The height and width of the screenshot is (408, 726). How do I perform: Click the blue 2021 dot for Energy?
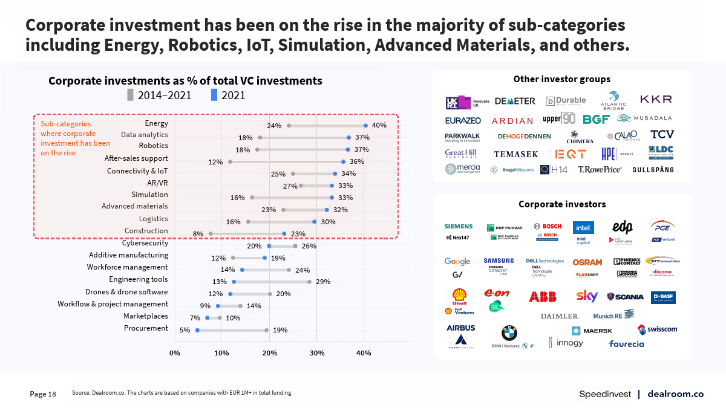pos(365,126)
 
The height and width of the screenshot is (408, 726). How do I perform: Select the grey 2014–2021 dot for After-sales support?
pos(231,162)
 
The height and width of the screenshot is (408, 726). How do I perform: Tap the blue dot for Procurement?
pos(197,331)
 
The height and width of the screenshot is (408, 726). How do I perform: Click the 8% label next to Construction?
pos(198,234)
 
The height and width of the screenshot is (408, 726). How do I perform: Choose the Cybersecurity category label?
pos(145,243)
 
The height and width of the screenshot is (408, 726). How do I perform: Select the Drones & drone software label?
pos(126,292)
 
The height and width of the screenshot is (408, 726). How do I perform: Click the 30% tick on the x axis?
pos(316,353)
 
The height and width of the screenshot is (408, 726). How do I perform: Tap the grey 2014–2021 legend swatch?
pos(130,95)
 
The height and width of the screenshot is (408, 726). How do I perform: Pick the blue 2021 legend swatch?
pos(214,95)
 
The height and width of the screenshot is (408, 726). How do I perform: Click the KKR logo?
pos(656,99)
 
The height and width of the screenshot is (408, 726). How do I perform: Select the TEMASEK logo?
pos(516,154)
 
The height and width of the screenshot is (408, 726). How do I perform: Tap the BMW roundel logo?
pos(509,333)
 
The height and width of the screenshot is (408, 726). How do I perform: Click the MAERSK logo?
pos(592,331)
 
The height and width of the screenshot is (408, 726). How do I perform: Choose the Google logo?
pos(457,262)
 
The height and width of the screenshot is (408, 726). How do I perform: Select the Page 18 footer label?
pos(43,394)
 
